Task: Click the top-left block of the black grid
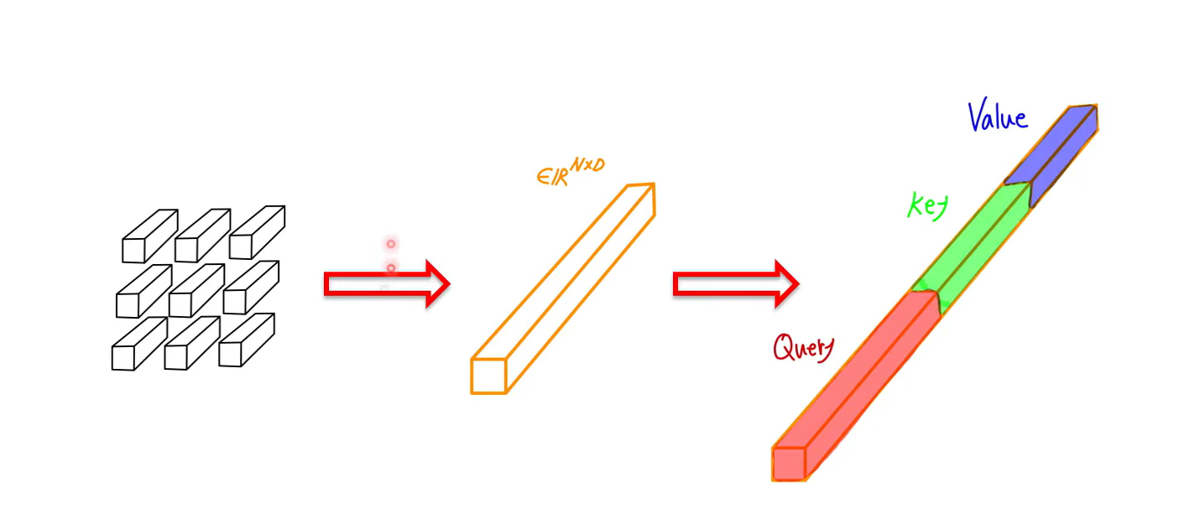click(150, 236)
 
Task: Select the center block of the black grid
click(197, 291)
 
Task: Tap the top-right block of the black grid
click(258, 232)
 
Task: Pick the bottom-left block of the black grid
click(139, 344)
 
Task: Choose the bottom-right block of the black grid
click(247, 340)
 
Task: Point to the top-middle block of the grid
click(202, 235)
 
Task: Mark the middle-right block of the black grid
click(251, 288)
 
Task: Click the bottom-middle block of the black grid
click(192, 343)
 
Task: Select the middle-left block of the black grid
click(143, 292)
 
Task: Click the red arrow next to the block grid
click(387, 284)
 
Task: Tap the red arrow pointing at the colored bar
click(736, 284)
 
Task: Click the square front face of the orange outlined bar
click(488, 376)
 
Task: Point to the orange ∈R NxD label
click(571, 172)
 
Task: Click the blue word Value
click(998, 115)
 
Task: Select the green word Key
click(928, 206)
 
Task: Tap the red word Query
click(804, 348)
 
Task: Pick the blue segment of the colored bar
click(1051, 155)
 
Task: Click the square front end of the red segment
click(789, 464)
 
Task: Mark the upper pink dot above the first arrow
click(390, 244)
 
